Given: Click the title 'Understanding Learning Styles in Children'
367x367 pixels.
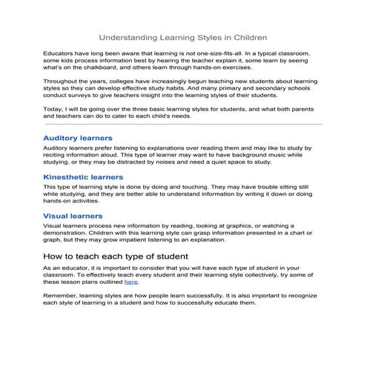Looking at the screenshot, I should (x=183, y=36).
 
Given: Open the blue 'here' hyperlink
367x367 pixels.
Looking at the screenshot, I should (x=131, y=282).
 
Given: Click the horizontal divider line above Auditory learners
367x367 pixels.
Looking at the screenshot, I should (x=183, y=125).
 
